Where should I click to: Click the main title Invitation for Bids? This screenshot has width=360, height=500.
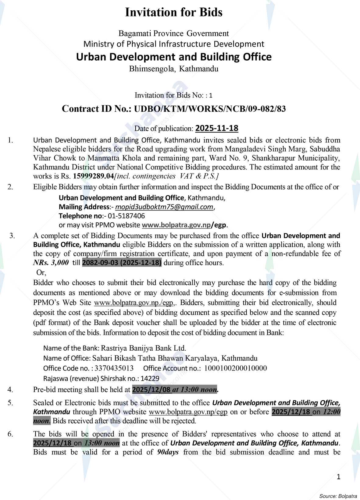pos(174,12)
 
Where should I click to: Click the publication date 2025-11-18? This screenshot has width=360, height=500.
pos(216,128)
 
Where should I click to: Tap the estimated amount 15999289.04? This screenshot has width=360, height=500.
pos(93,176)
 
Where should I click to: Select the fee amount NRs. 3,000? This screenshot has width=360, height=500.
pos(51,263)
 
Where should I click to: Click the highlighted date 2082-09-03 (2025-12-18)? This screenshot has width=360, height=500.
pos(122,263)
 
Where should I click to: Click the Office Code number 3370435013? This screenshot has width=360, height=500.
pos(114,368)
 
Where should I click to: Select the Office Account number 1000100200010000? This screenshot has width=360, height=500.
pos(235,368)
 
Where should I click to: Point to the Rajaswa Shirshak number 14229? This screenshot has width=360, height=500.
pos(150,378)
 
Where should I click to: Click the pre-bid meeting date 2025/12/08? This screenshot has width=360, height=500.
pos(151,389)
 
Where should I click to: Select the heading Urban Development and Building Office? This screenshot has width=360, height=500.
pos(174,57)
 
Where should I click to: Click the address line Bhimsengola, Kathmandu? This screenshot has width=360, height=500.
pos(174,69)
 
